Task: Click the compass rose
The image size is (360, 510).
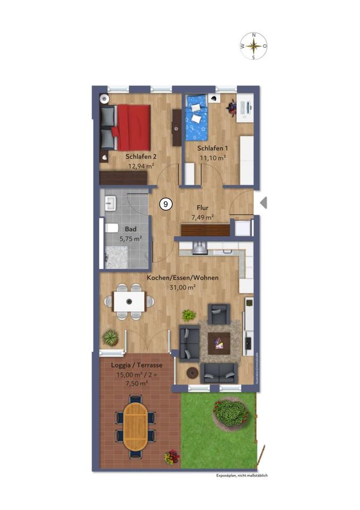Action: tap(254, 46)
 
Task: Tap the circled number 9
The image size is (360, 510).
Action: tap(166, 203)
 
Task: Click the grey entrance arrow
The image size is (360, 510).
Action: tap(263, 203)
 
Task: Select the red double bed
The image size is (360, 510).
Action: tap(132, 127)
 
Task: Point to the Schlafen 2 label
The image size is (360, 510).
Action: tap(141, 157)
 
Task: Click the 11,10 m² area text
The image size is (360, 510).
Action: tap(212, 158)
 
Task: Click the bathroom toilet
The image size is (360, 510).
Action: tap(111, 228)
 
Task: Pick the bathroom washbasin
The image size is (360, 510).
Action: tap(111, 202)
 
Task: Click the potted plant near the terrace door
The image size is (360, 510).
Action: tap(110, 336)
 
